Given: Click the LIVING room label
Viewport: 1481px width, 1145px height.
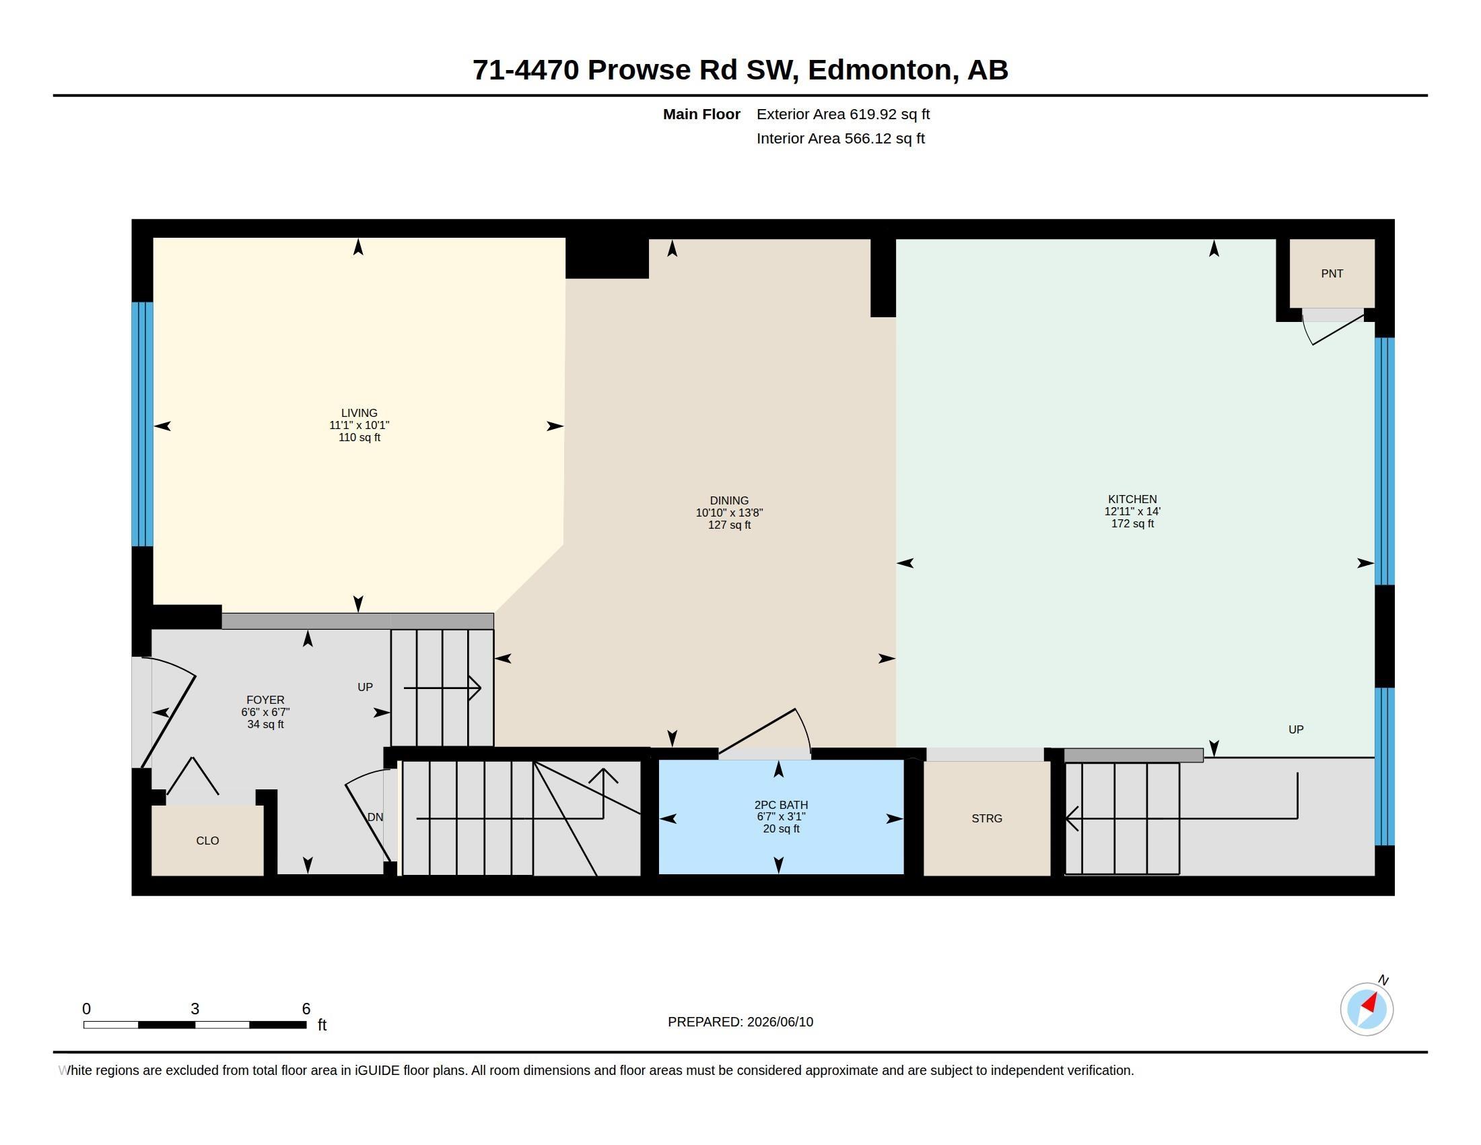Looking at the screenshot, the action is point(359,412).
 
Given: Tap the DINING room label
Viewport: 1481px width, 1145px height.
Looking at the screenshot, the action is point(729,500).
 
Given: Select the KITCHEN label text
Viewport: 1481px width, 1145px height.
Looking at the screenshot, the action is point(1132,499).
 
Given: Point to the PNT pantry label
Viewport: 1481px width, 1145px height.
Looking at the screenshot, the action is point(1332,273).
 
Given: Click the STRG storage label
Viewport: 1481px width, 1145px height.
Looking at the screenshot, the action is point(987,818).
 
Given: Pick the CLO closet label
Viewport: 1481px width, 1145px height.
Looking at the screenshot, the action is point(207,841).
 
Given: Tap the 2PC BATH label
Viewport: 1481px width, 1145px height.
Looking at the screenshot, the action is point(781,804).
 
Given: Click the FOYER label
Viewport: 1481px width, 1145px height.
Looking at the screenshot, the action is point(265,699).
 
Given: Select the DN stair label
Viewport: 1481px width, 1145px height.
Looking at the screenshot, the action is point(375,818).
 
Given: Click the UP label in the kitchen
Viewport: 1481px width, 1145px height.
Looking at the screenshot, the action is point(1296,729).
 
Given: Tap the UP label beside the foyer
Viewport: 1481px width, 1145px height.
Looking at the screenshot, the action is point(365,687).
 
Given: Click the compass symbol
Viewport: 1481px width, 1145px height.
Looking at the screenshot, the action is point(1367,1009).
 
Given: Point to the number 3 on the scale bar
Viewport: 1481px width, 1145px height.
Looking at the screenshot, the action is point(195,1009).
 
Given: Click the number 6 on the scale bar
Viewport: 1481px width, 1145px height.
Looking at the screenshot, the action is point(306,1009).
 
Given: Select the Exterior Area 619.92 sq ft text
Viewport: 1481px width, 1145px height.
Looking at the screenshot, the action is point(843,114).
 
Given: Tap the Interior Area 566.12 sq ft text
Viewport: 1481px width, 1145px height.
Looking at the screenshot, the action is point(840,138).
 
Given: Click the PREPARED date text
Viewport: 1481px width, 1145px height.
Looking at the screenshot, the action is point(740,1022).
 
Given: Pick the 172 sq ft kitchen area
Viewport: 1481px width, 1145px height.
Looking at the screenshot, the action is point(1132,523).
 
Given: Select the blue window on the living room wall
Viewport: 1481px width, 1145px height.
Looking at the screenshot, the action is point(143,424).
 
